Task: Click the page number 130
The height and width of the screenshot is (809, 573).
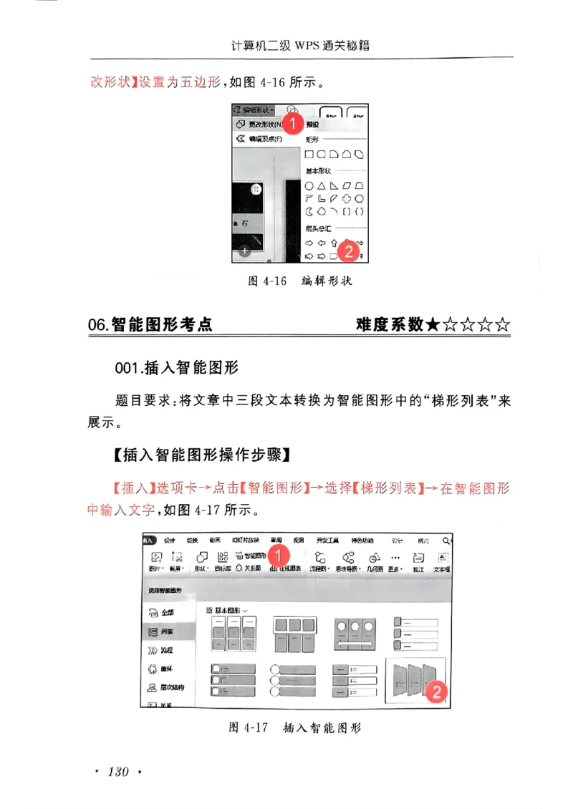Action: pos(117,771)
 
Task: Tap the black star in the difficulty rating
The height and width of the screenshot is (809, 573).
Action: pos(433,325)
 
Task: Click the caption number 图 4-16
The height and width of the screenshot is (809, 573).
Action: pos(267,281)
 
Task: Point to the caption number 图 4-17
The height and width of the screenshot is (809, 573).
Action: pos(248,728)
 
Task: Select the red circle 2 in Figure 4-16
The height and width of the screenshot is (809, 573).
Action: pos(347,251)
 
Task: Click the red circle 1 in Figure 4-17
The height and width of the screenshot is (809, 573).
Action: pos(281,553)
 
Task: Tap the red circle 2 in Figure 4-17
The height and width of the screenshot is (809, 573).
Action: pos(436,692)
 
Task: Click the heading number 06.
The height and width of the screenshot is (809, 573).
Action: pos(98,326)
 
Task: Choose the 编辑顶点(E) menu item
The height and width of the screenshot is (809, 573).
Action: pos(264,139)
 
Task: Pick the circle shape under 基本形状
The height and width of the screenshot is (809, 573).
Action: pos(309,185)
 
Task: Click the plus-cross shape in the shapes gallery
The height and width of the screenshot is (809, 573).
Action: pos(347,198)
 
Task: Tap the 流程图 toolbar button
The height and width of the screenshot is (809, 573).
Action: pos(319,561)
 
